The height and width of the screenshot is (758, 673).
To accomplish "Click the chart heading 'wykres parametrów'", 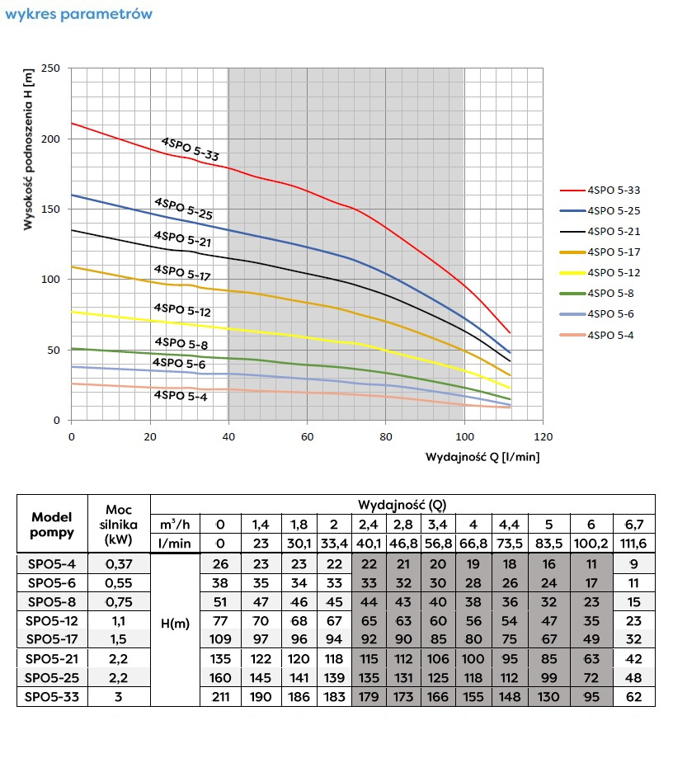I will point(78,14).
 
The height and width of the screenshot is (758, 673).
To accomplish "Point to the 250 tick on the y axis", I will point(49,68).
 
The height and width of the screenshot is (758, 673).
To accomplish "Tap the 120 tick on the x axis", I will point(543,435).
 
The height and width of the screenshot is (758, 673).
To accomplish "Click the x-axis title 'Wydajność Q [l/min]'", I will point(482,456).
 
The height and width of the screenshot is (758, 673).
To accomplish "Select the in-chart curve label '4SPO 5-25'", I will point(182,208).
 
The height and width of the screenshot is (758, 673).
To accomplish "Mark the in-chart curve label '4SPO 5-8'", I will point(181,343).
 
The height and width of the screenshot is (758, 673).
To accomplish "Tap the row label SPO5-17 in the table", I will point(52,639).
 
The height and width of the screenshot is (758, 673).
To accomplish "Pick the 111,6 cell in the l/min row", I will point(634,544).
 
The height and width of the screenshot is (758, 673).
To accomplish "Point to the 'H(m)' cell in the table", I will point(176,624).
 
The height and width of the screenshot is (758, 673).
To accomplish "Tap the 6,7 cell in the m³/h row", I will point(634,524).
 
